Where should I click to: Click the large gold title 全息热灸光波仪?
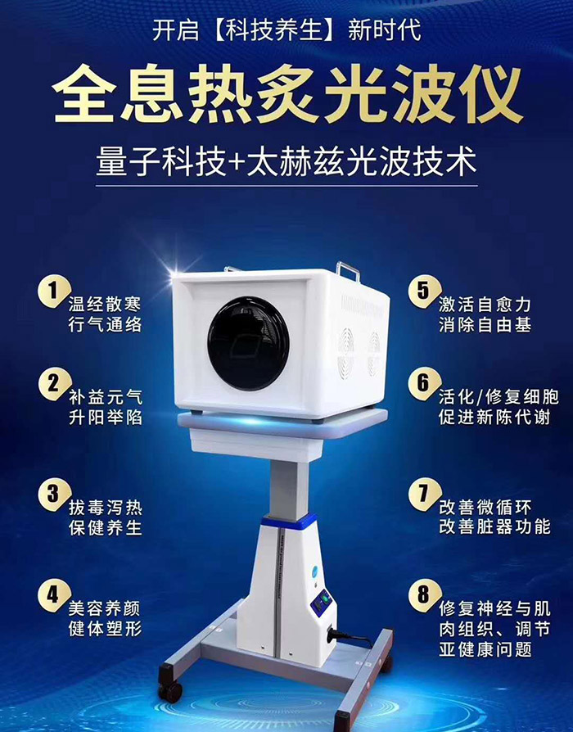[x=286, y=95]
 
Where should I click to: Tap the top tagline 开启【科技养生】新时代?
[x=286, y=31]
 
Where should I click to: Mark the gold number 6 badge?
[x=423, y=382]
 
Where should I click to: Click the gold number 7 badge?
[x=423, y=493]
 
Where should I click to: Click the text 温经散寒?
[x=105, y=303]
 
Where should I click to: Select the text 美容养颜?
[x=105, y=608]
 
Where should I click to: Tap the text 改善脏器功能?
[x=494, y=526]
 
